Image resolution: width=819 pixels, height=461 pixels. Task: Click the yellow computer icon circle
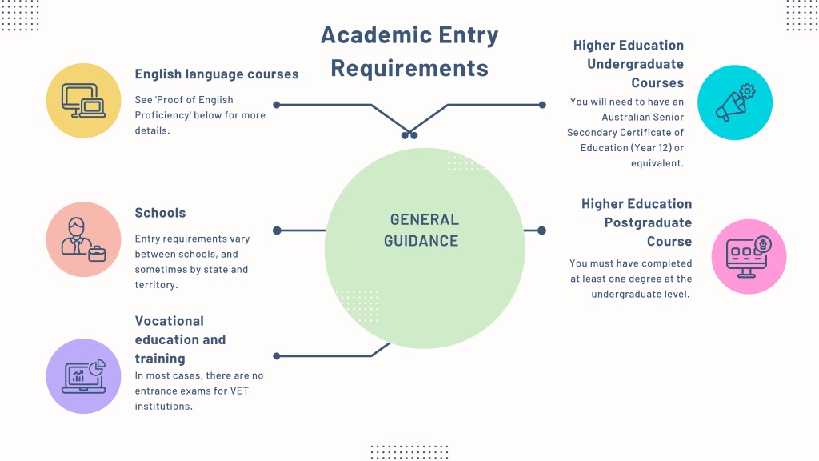click(83, 101)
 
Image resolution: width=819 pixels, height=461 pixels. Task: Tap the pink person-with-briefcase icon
click(83, 239)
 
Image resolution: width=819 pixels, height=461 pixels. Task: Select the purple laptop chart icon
click(83, 376)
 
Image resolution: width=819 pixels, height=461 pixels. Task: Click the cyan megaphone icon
click(735, 102)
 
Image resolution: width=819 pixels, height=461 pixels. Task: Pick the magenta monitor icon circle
click(749, 257)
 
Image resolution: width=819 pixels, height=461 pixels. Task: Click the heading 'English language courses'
click(217, 74)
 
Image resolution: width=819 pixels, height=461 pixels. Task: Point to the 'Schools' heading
click(160, 213)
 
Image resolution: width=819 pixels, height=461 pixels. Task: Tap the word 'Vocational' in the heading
click(170, 321)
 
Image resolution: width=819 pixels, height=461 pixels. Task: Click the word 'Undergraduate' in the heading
click(635, 64)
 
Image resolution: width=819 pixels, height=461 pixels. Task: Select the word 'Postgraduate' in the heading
click(648, 222)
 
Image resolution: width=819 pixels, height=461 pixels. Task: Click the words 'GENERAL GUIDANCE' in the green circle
click(421, 230)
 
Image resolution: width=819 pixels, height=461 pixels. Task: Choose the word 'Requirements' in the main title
click(409, 69)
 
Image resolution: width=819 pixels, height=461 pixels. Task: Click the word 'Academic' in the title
click(374, 35)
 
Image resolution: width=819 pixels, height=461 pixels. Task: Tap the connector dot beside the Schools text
click(277, 230)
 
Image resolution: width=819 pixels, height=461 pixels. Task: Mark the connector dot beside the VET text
click(277, 356)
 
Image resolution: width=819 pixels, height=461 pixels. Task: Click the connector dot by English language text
click(277, 105)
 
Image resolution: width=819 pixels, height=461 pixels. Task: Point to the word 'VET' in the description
click(239, 391)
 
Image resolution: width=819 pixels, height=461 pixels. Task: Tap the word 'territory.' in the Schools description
click(156, 285)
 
